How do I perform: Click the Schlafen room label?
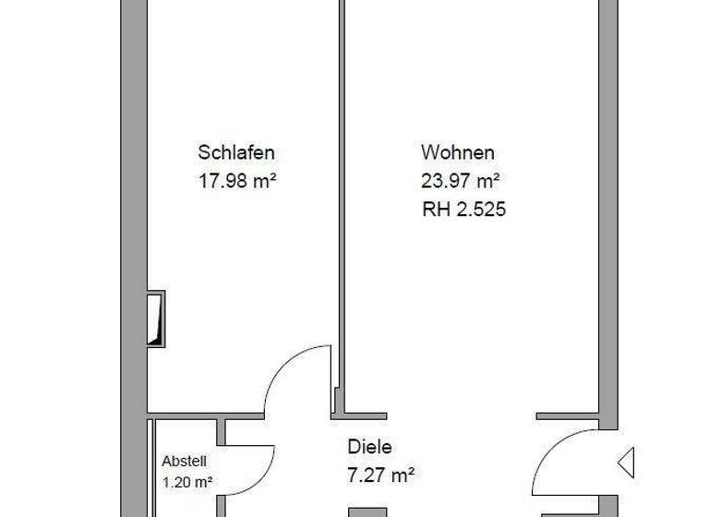click(236, 152)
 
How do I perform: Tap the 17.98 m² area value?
click(237, 181)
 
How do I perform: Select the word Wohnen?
click(458, 152)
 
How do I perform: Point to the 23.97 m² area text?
click(462, 181)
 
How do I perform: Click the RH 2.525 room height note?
click(463, 210)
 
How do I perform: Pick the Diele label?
click(369, 447)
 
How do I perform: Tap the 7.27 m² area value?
click(380, 475)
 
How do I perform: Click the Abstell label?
click(185, 461)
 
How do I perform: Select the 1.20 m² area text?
click(187, 481)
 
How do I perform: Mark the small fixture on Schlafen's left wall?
click(157, 319)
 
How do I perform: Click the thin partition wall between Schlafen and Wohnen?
click(339, 185)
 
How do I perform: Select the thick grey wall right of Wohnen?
click(607, 185)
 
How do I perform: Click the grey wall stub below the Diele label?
click(367, 511)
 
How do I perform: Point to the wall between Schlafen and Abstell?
click(185, 415)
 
